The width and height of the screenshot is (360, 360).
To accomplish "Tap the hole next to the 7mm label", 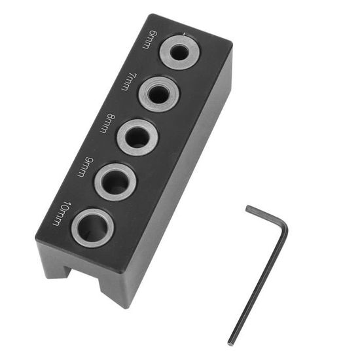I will point(159,94).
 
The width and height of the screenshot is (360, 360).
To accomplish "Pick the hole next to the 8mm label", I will point(137,137).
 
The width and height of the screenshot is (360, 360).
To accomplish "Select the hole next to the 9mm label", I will point(116,181).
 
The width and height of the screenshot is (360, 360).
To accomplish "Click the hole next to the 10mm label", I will point(92,227).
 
